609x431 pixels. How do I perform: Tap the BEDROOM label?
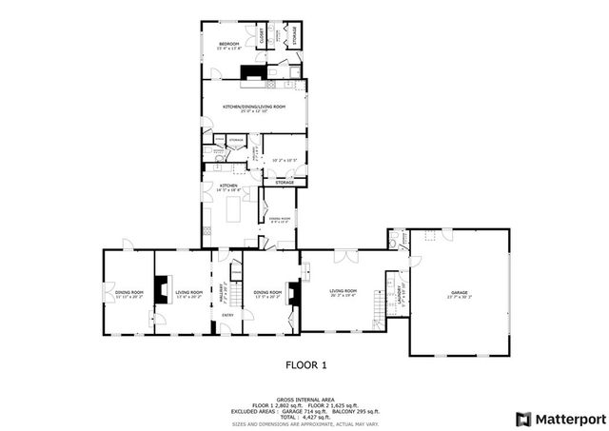[x=229, y=44]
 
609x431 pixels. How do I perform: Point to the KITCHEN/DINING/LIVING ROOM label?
[x=253, y=107]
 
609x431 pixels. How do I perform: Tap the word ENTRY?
[x=227, y=315]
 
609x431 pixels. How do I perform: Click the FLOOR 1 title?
[x=306, y=364]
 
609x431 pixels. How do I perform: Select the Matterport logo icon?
[x=522, y=419]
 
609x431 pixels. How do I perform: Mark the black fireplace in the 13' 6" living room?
[x=163, y=288]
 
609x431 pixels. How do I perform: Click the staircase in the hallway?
[x=237, y=274]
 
